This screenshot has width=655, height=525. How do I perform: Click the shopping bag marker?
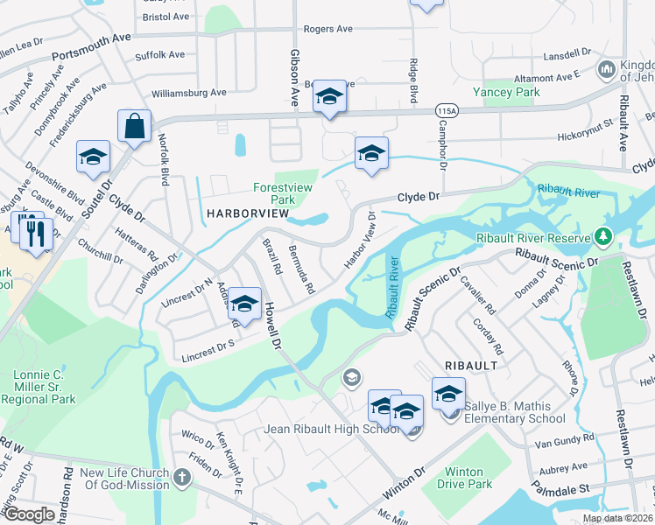pyautogui.click(x=135, y=127)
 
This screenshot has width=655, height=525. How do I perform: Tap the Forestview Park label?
pyautogui.click(x=282, y=193)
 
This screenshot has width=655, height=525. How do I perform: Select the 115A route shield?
pyautogui.click(x=447, y=111)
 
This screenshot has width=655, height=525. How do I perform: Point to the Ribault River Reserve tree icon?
pyautogui.click(x=602, y=236)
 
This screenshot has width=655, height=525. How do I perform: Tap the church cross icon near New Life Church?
pyautogui.click(x=181, y=478)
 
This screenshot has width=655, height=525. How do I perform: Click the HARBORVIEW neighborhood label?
pyautogui.click(x=246, y=213)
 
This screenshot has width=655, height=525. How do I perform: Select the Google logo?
pyautogui.click(x=28, y=514)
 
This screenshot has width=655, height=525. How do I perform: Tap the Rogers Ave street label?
pyautogui.click(x=327, y=29)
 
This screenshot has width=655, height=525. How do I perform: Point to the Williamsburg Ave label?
pyautogui.click(x=188, y=92)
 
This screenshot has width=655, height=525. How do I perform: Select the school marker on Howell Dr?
pyautogui.click(x=245, y=304)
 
